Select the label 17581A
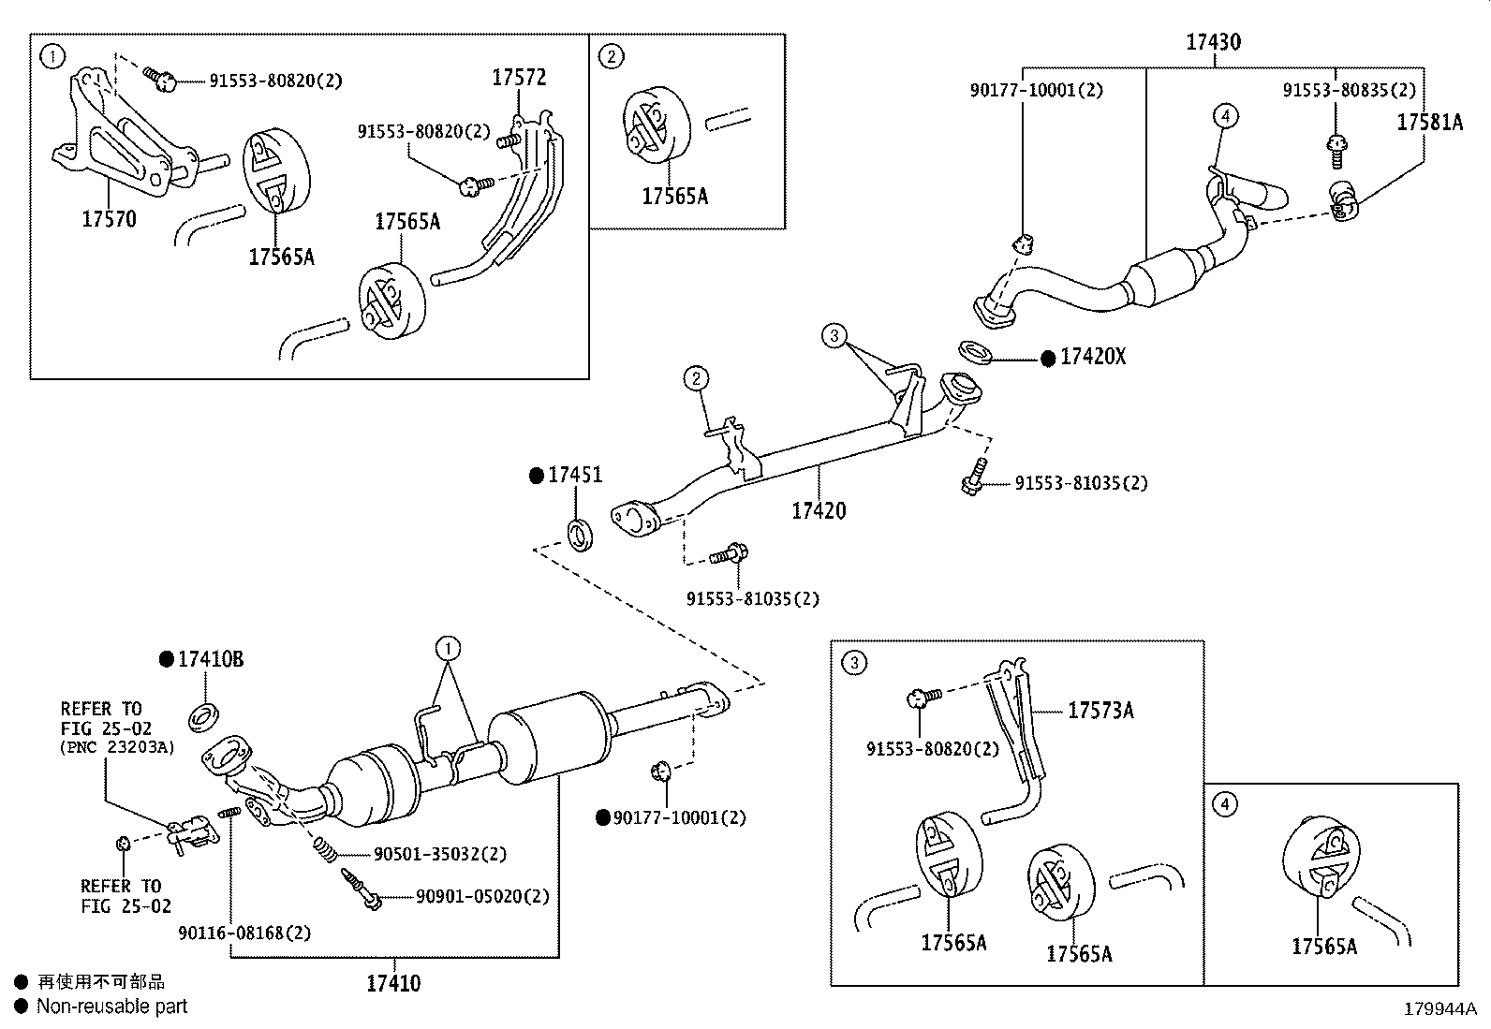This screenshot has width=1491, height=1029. (x=1429, y=123)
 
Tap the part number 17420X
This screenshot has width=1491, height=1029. (x=1092, y=358)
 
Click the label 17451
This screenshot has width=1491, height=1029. (x=575, y=476)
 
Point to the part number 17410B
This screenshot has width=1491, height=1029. (x=210, y=659)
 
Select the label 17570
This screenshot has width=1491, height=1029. (x=109, y=219)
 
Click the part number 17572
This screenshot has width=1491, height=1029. (x=519, y=78)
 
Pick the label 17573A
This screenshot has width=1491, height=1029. (x=1100, y=711)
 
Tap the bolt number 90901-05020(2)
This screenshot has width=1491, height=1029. (x=482, y=897)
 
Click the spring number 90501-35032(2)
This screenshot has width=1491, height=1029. (x=440, y=854)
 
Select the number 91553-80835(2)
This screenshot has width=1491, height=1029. (x=1350, y=90)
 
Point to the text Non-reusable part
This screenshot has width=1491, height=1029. (x=111, y=1007)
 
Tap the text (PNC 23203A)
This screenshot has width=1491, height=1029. (x=116, y=747)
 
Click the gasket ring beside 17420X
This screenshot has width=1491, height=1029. (x=978, y=354)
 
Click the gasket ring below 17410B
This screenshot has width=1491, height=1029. (x=204, y=718)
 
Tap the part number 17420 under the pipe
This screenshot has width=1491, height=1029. (x=819, y=510)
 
